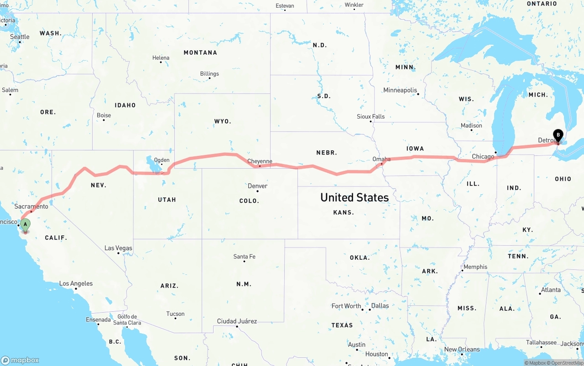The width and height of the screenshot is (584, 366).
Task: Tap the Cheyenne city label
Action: coord(260,161)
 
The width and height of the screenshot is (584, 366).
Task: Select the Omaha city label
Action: coord(381,159)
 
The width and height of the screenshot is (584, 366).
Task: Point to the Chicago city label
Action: coord(483,156)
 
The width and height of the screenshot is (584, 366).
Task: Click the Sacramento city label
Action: coord(31,206)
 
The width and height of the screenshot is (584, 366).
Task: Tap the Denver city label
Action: coord(257,186)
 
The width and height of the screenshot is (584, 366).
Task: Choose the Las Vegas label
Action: coord(118,248)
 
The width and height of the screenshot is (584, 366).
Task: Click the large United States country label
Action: coord(355,197)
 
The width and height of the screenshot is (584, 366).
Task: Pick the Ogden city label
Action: coord(162,160)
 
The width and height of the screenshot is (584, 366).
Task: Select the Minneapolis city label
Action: coord(400,90)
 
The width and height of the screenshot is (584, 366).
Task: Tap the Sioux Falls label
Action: coord(370,117)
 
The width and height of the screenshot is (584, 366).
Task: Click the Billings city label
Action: coord(209,74)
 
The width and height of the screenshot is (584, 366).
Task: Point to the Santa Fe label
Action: coord(244,257)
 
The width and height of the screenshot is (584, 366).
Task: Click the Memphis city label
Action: coord(475,267)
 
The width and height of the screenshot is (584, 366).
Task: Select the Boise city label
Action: coord(104,115)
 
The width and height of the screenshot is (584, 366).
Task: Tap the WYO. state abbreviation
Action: coord(223,121)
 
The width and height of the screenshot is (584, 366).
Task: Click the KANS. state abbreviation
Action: coord(343,212)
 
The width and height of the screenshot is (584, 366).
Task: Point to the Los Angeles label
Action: coord(76,284)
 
